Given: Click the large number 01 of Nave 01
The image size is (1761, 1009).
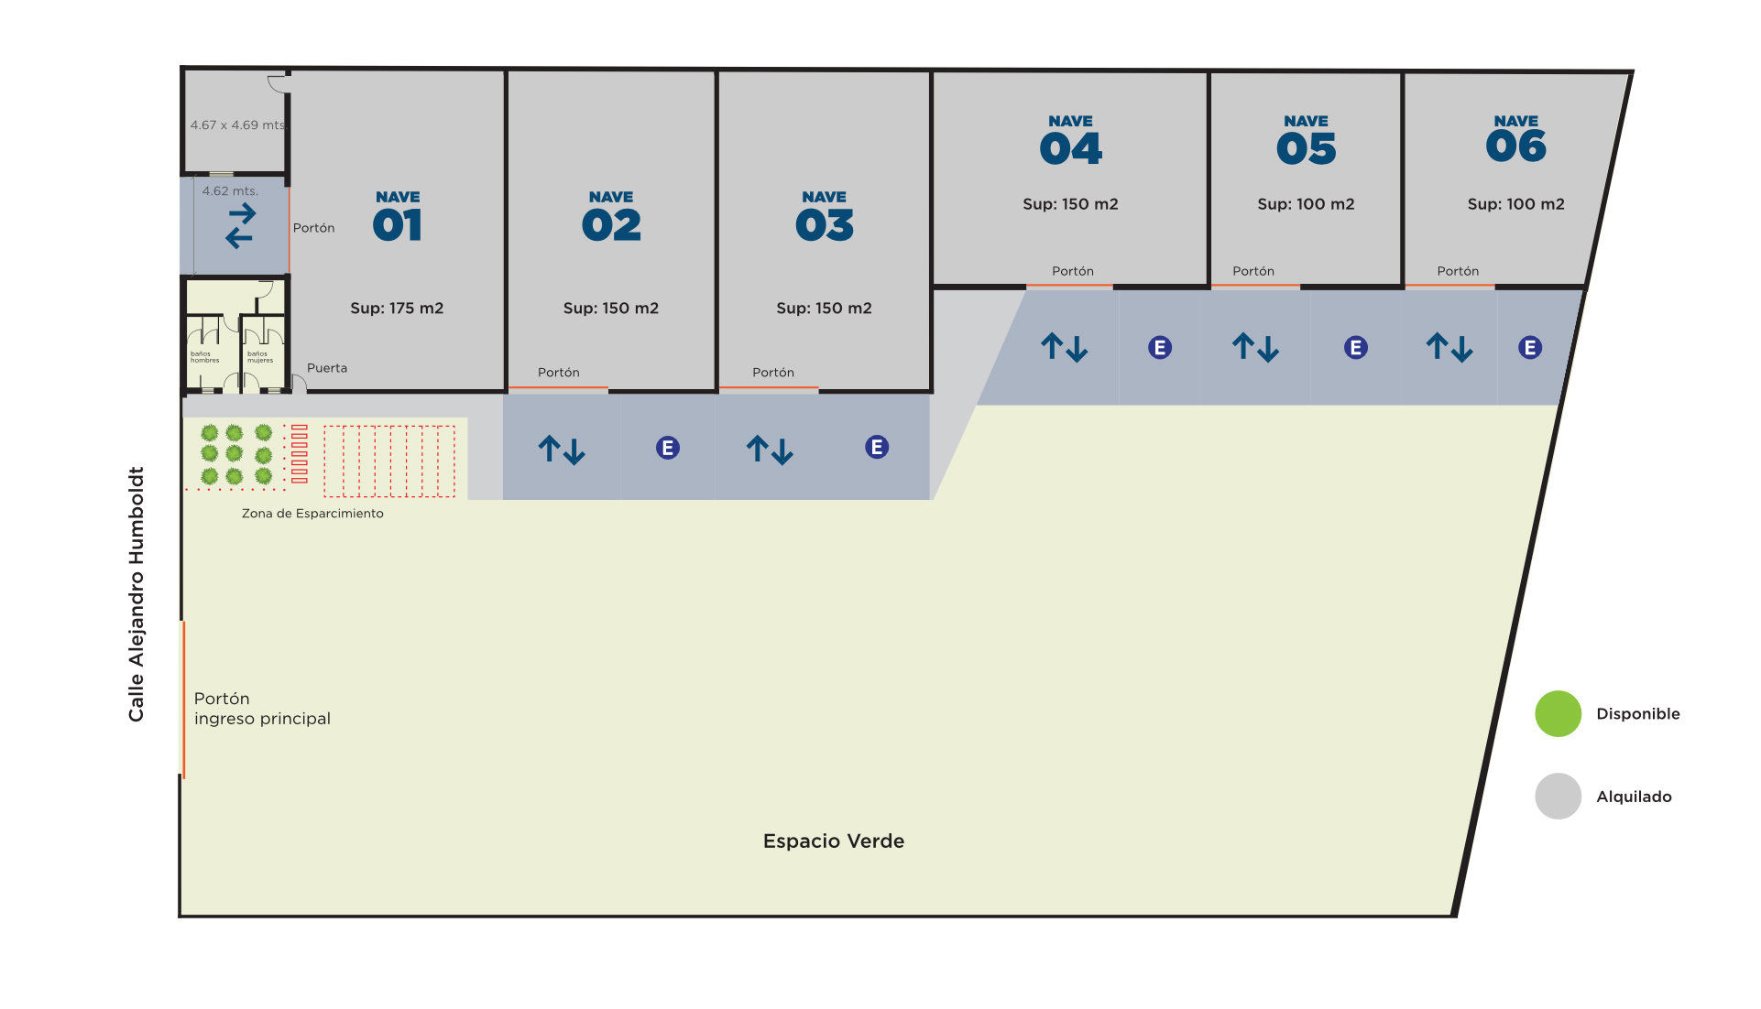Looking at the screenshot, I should pyautogui.click(x=397, y=225).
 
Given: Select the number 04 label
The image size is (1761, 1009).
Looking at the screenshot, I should pyautogui.click(x=1070, y=148).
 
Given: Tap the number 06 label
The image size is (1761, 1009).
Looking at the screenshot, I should pyautogui.click(x=1515, y=146).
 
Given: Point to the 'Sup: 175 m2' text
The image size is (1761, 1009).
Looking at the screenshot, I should pyautogui.click(x=397, y=309).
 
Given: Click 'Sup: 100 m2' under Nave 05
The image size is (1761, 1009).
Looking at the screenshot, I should pyautogui.click(x=1306, y=204).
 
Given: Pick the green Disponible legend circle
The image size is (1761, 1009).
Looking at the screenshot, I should pyautogui.click(x=1558, y=714).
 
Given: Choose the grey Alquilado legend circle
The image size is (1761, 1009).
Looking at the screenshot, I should pyautogui.click(x=1558, y=797).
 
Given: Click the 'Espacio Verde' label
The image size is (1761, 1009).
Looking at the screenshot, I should pyautogui.click(x=833, y=841).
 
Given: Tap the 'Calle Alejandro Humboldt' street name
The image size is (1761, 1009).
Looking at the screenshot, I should pyautogui.click(x=137, y=594).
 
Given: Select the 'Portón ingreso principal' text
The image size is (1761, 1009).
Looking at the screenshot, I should pyautogui.click(x=262, y=709).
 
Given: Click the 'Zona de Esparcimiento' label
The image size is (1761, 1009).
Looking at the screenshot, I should pyautogui.click(x=312, y=514).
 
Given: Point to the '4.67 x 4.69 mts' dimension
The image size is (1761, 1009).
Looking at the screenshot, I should pyautogui.click(x=237, y=125).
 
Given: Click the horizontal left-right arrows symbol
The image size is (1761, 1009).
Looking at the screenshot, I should pyautogui.click(x=240, y=226).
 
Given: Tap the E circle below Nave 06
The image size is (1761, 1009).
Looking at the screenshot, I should pyautogui.click(x=1529, y=348).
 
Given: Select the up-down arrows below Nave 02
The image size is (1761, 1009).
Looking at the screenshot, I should pyautogui.click(x=561, y=450).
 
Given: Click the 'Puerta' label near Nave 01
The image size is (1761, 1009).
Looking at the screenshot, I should pyautogui.click(x=327, y=368).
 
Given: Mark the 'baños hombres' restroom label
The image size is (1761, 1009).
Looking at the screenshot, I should pyautogui.click(x=204, y=357).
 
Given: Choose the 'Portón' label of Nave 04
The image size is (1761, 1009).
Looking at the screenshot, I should pyautogui.click(x=1072, y=271).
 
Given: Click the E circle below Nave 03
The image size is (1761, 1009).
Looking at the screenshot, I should pyautogui.click(x=876, y=448).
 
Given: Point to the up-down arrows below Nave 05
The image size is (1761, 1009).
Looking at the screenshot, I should pyautogui.click(x=1254, y=348).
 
